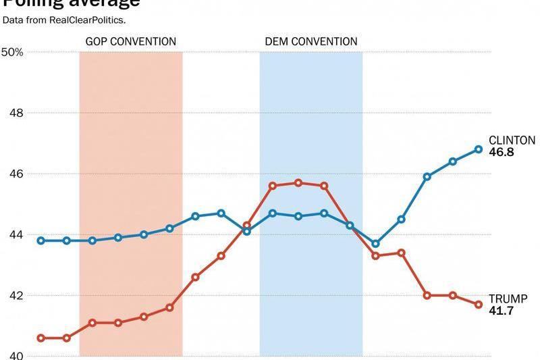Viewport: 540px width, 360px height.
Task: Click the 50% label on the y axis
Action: point(12,52)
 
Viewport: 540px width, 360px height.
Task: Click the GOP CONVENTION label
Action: point(130,42)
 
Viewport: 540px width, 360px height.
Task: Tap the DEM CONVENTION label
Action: point(310,42)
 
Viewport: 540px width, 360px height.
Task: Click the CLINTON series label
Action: point(512,140)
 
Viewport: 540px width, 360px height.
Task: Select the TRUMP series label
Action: point(508,299)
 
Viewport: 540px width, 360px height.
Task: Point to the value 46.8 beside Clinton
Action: point(502,153)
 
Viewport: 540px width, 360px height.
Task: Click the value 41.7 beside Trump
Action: point(501,311)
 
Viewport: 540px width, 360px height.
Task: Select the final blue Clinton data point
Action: point(479,149)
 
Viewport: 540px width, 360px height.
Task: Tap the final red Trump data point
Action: point(479,305)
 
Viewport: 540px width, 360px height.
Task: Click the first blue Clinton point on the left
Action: point(40,240)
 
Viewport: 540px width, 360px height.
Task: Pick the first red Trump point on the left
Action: point(40,338)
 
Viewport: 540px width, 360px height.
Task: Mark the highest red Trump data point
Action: point(298,182)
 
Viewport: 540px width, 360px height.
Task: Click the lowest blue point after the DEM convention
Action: point(376,244)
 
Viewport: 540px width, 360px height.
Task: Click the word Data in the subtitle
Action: point(11,20)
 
